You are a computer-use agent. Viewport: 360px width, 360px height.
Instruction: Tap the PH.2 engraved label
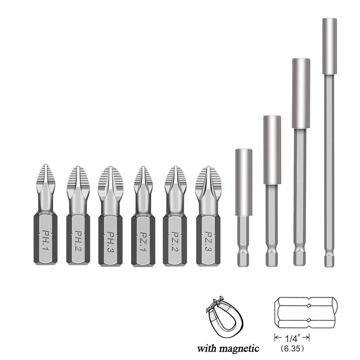click(78, 241)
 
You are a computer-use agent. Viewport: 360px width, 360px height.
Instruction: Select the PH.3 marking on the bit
click(110, 242)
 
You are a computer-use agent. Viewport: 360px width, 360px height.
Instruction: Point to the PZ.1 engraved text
click(143, 242)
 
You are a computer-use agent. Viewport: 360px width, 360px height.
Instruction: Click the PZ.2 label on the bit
click(175, 242)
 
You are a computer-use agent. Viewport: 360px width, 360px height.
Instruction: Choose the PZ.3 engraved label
click(208, 242)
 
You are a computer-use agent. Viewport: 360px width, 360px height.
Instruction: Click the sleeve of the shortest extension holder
click(243, 182)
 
